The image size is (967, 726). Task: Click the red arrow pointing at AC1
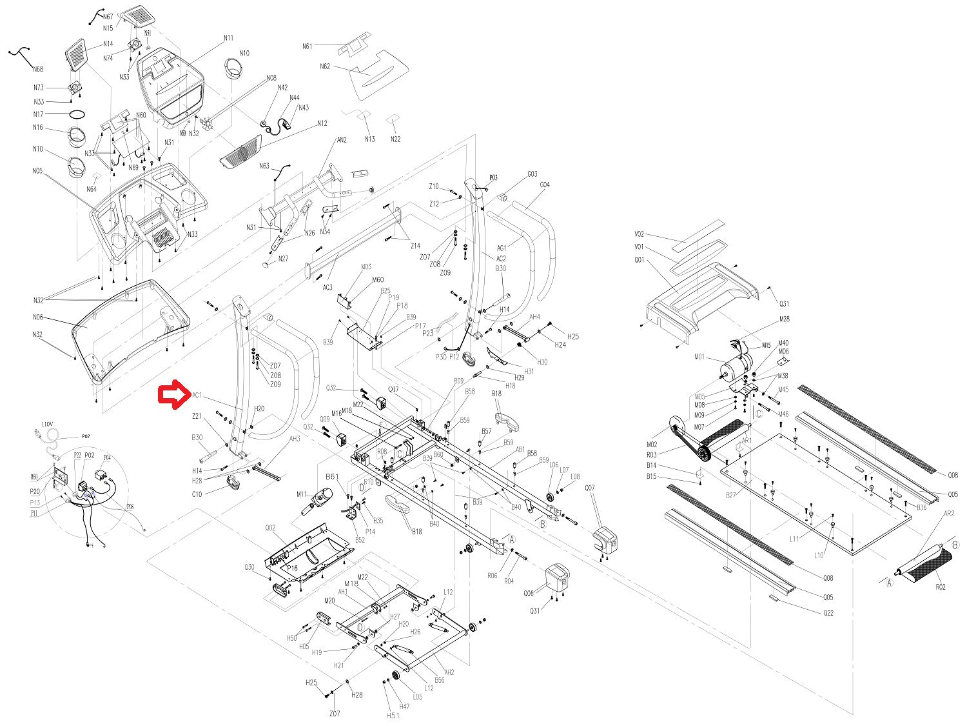point(174,394)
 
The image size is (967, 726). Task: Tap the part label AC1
point(197,395)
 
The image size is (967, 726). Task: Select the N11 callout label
point(228,38)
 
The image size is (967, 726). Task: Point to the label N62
point(324,66)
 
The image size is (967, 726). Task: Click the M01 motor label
point(700,357)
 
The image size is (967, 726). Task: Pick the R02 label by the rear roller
point(941,587)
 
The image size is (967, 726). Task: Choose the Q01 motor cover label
point(639,260)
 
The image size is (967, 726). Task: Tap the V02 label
point(639,234)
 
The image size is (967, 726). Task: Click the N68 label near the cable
point(38,69)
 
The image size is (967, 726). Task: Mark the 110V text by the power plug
point(47,424)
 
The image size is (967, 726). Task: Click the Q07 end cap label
point(590,488)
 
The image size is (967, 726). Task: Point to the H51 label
point(393,715)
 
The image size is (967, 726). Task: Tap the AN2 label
point(342,140)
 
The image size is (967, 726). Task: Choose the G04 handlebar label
point(545,185)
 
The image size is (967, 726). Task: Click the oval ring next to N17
point(77,114)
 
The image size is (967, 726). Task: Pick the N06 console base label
point(38,318)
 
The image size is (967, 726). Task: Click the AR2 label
point(949,514)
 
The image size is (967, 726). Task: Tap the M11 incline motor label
point(302,494)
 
